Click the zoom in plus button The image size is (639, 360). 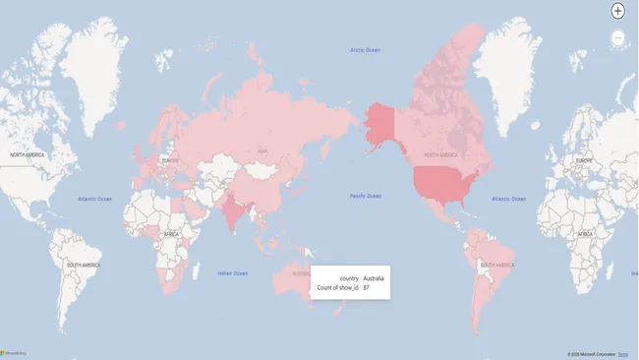click(617, 11)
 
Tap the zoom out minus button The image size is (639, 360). click(617, 37)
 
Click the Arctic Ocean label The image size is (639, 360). click(365, 50)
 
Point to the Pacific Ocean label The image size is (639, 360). click(366, 196)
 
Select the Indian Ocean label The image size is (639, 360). click(232, 272)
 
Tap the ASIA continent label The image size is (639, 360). click(261, 150)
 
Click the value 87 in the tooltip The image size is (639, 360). click(366, 288)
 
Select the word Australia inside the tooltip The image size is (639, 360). click(374, 278)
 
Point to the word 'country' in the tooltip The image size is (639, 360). click(349, 278)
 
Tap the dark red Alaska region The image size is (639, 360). click(379, 122)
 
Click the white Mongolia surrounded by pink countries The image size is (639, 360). click(261, 169)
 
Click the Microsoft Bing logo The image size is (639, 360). click(14, 353)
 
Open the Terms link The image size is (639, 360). click(622, 354)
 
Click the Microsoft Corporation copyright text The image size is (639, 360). click(590, 354)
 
